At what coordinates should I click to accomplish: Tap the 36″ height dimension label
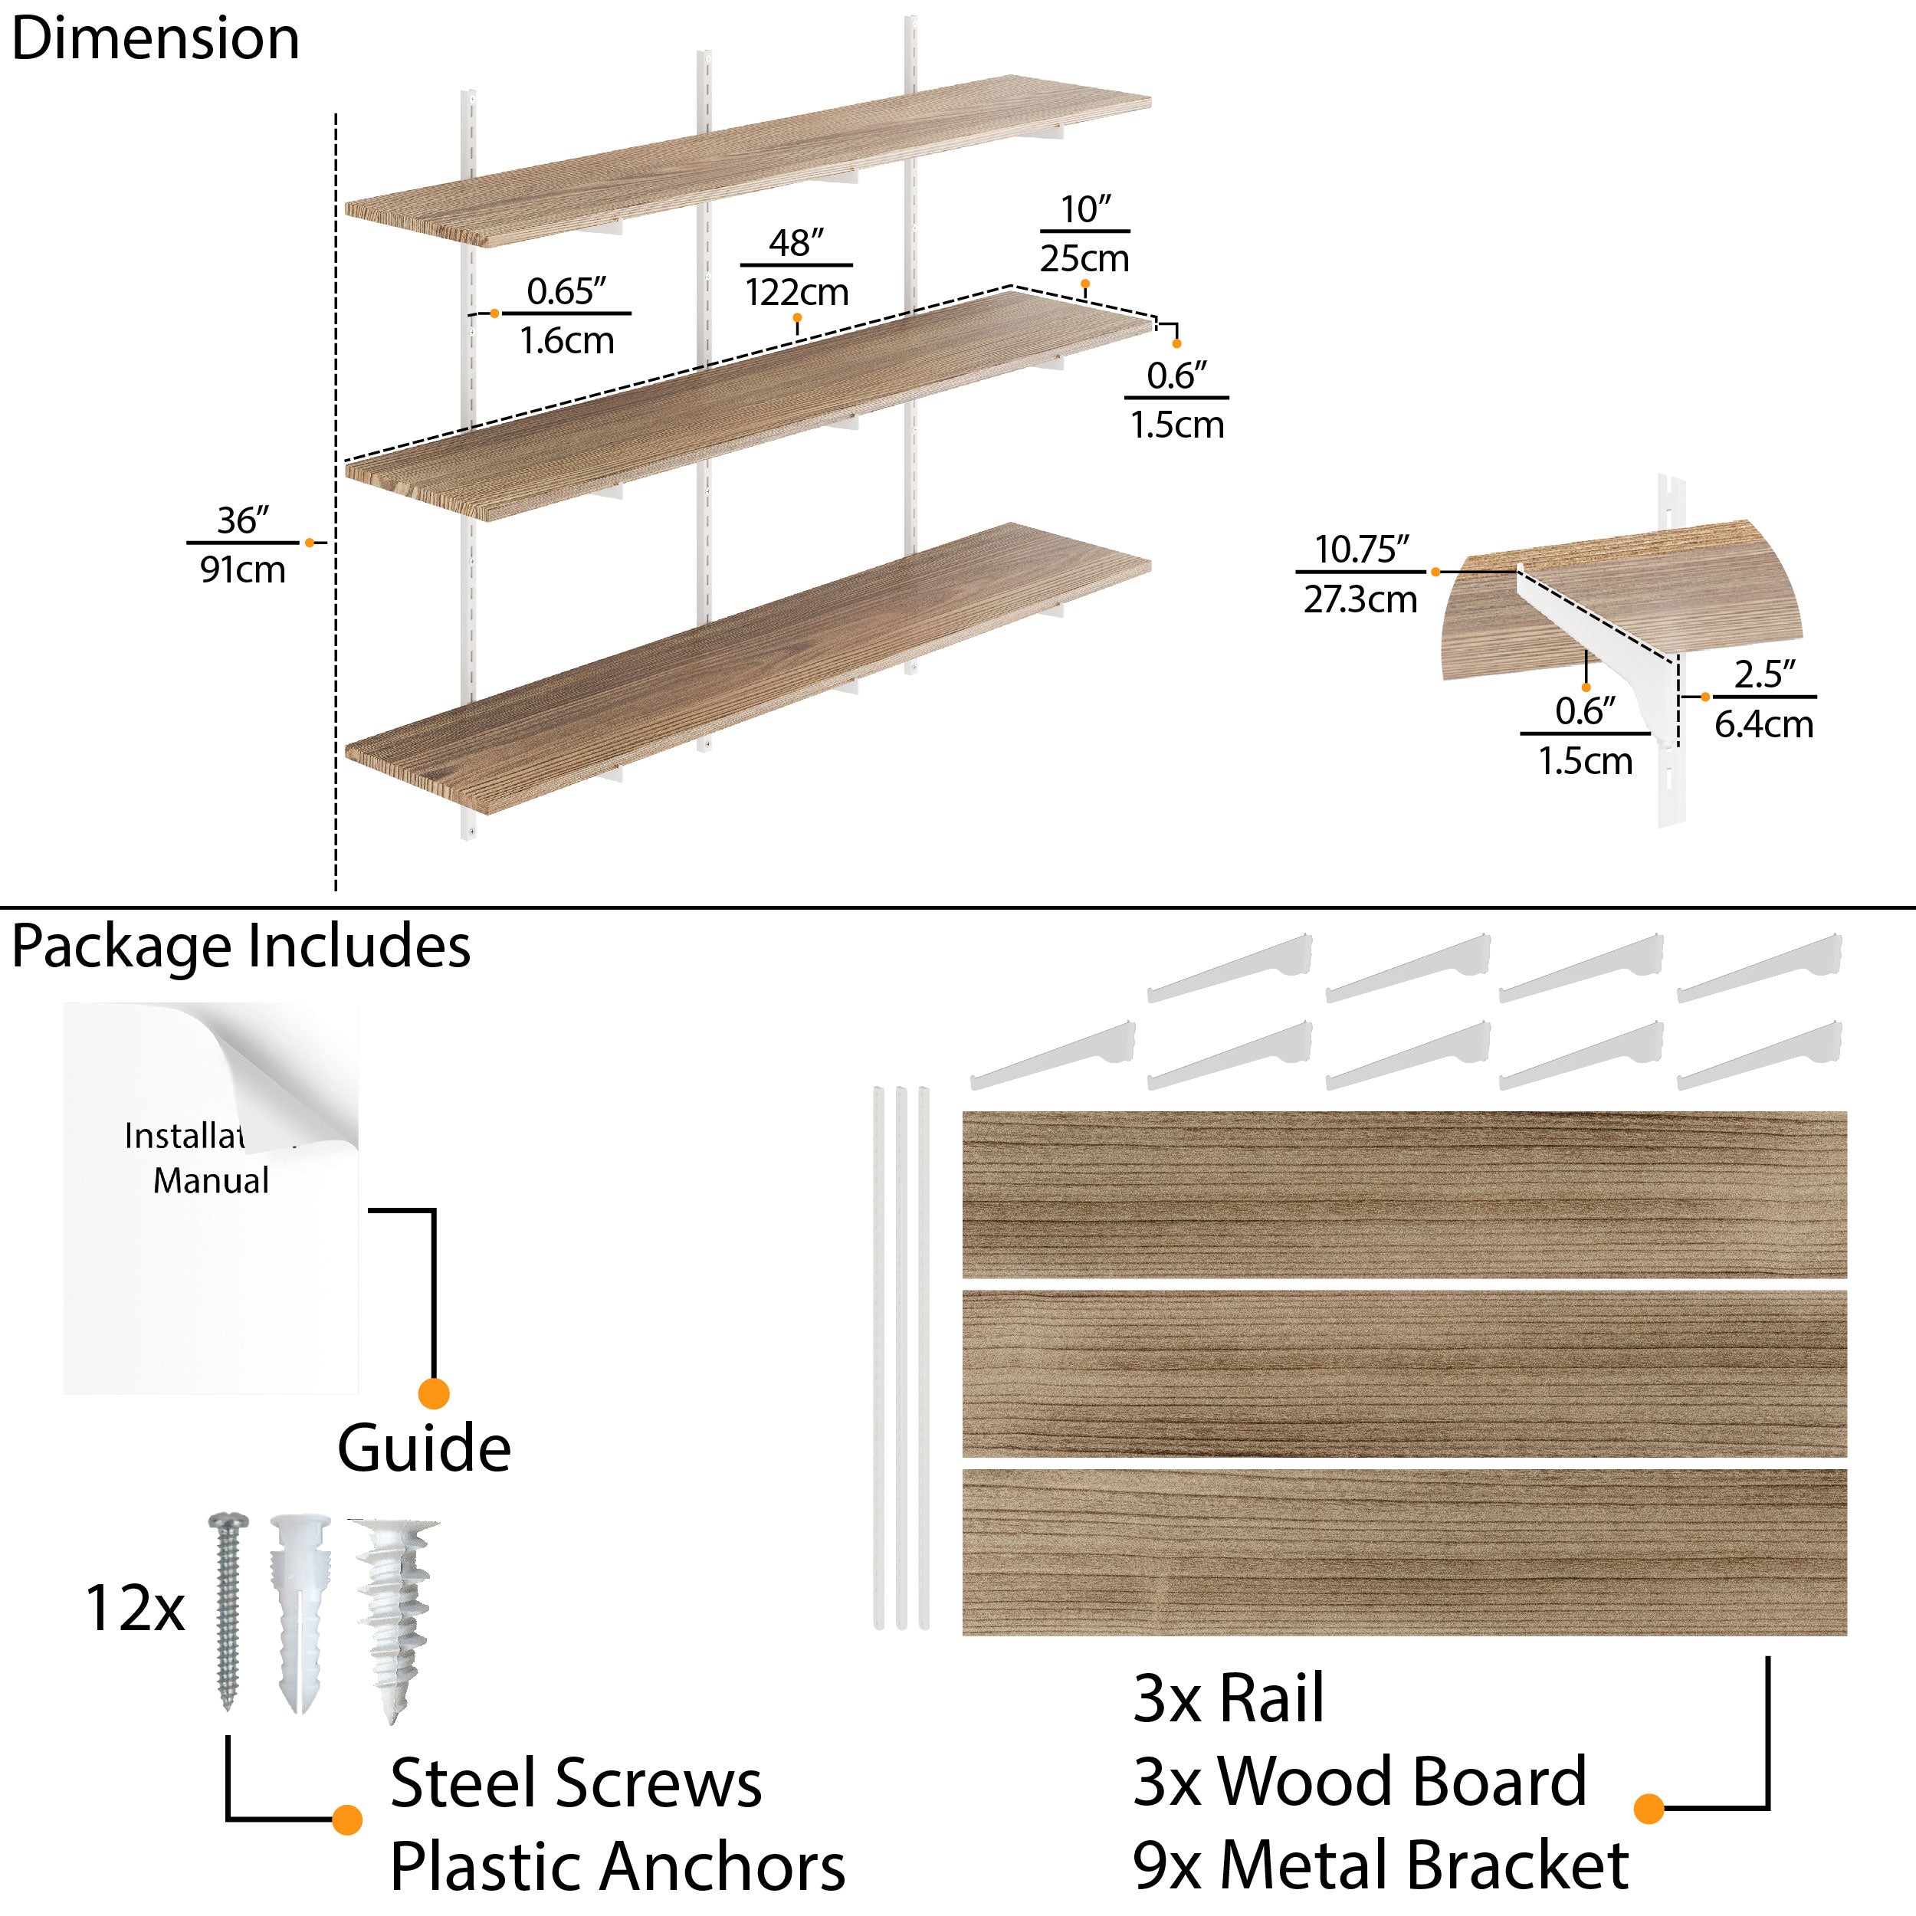pos(243,520)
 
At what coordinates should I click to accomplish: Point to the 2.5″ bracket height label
pos(1764,675)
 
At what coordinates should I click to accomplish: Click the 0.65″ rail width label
pos(566,291)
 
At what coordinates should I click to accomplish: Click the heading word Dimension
pos(156,40)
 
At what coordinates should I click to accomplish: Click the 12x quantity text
pos(135,1609)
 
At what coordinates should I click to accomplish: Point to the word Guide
pos(425,1449)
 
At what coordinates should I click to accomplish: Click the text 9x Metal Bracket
pos(1380,1865)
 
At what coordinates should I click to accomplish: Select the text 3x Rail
pos(1228,1699)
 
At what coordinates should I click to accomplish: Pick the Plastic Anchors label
pos(617,1866)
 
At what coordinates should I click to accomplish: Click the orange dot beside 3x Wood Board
pos(1649,1808)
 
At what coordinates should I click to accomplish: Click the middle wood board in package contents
pos(1404,1373)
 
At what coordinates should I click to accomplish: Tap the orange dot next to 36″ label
pos(310,543)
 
